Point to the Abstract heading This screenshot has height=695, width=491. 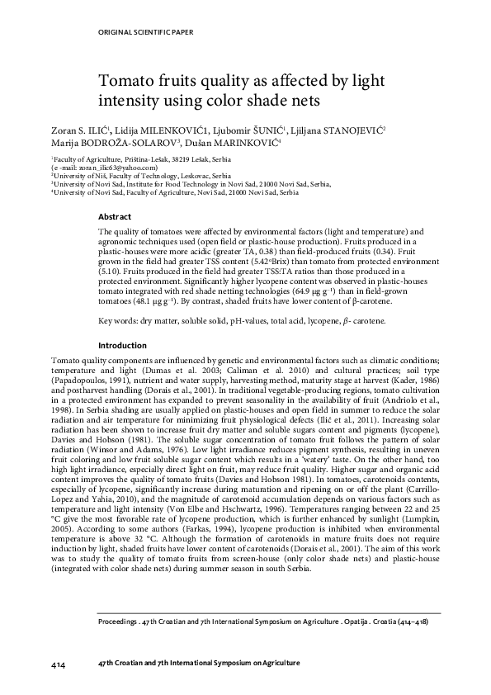pos(115,216)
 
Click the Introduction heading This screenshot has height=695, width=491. pos(123,345)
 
